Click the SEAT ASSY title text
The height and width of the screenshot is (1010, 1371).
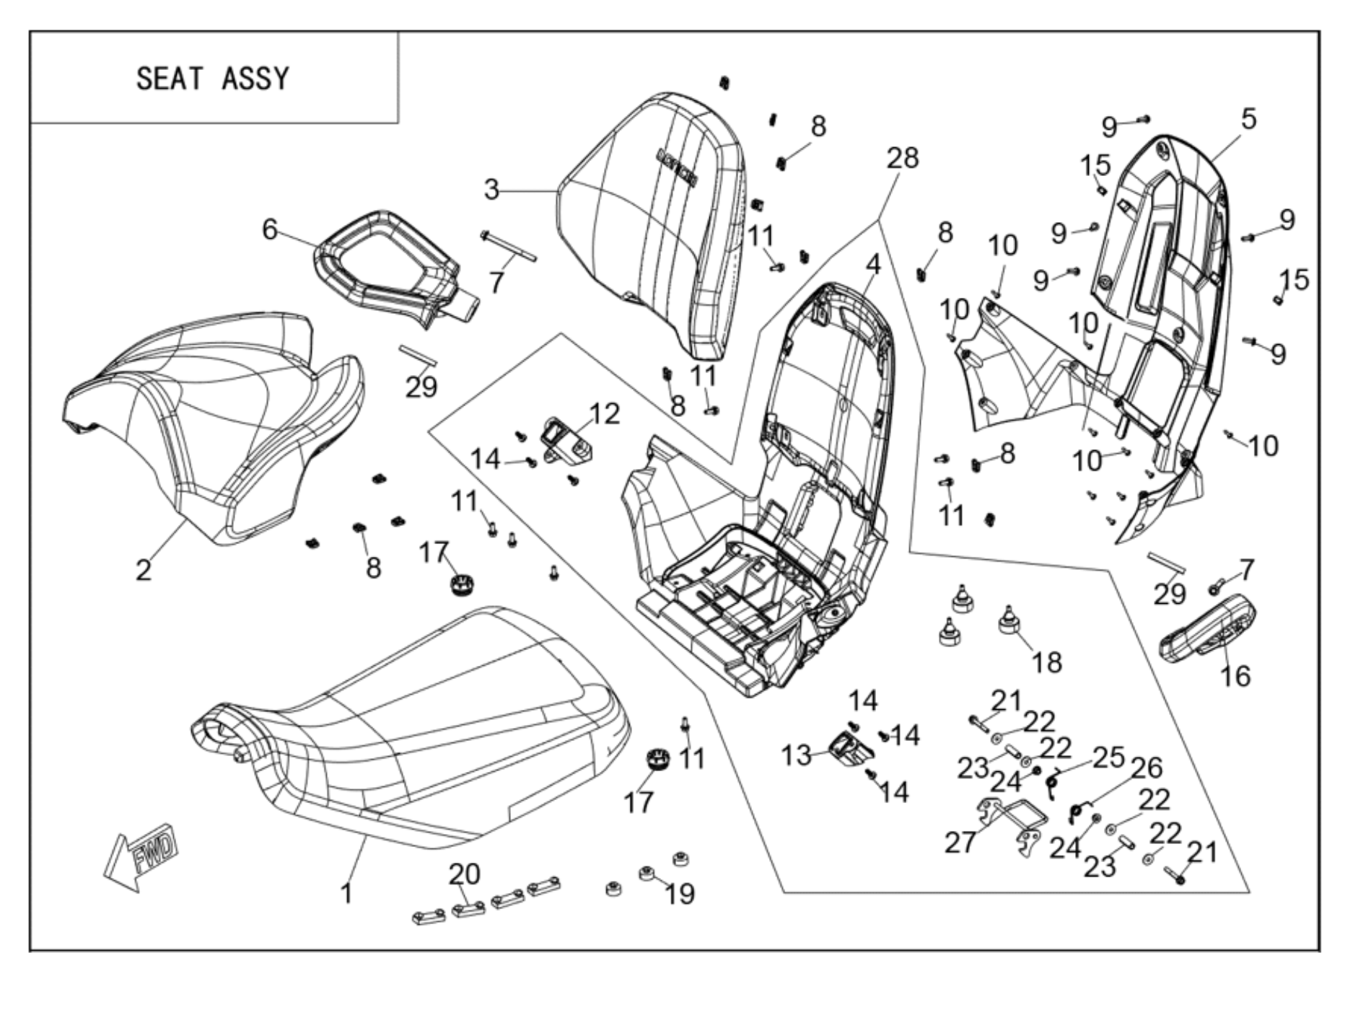tap(213, 78)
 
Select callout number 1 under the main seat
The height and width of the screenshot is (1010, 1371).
tap(347, 893)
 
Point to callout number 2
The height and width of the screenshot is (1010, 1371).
tap(144, 570)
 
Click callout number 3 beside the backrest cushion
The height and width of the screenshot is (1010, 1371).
tap(491, 190)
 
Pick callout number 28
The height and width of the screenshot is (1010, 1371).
tap(903, 158)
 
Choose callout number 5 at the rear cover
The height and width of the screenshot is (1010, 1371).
tap(1249, 119)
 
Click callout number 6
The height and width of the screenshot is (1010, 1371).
tap(269, 229)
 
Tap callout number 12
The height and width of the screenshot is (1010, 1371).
tap(605, 413)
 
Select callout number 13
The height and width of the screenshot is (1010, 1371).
tap(797, 755)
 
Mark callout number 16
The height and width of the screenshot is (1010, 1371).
tap(1235, 676)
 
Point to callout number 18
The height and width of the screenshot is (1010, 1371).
tap(1047, 662)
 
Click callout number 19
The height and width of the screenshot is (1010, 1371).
tap(680, 893)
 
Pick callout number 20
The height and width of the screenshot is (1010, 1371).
tap(464, 874)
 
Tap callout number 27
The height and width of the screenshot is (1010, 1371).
tap(960, 842)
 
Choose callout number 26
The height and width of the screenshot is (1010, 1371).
tap(1147, 768)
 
